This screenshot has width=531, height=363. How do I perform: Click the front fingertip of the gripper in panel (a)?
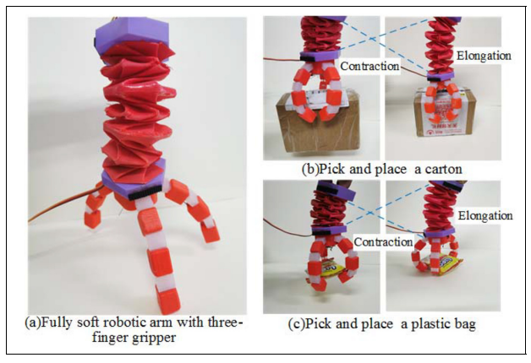[x=167, y=295]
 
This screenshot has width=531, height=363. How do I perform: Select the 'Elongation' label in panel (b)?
[x=484, y=56]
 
